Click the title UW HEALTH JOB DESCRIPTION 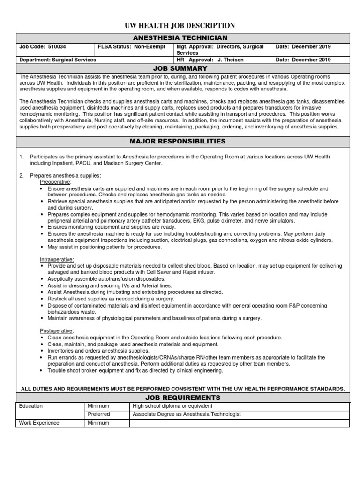180,26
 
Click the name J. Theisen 228,60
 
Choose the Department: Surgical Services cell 57,60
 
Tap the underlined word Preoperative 55,182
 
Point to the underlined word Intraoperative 57,259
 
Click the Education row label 30,406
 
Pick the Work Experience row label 39,423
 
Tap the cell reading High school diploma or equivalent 172,406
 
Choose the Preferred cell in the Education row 98,414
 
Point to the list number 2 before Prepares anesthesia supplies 21,176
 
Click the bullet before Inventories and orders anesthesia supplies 42,351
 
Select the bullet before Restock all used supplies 42,299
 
